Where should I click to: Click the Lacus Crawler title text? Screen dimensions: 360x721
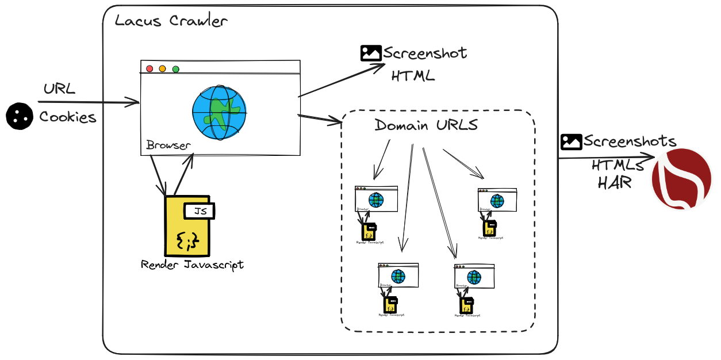click(x=171, y=22)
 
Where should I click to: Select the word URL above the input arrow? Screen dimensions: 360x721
click(x=59, y=90)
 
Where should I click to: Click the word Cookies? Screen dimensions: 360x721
click(x=68, y=117)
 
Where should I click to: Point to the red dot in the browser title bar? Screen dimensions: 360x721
click(x=149, y=69)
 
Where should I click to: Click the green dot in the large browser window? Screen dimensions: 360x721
click(x=176, y=69)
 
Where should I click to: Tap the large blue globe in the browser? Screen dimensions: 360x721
click(x=219, y=113)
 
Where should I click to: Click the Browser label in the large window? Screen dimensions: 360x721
click(x=168, y=145)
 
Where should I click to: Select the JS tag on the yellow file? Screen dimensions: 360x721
click(x=200, y=211)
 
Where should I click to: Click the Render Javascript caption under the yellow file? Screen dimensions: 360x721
click(x=192, y=265)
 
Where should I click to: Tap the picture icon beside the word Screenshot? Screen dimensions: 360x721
click(x=371, y=53)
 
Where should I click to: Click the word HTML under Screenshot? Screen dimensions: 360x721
click(x=413, y=76)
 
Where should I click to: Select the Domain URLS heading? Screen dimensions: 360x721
click(x=425, y=125)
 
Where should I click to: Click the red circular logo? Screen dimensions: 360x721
click(x=681, y=179)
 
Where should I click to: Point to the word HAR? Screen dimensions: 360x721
click(x=615, y=183)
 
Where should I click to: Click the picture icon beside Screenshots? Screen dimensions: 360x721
click(x=572, y=141)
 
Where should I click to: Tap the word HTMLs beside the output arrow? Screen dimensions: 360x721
click(x=618, y=166)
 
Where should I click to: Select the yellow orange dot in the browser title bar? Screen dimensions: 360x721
click(x=163, y=69)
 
